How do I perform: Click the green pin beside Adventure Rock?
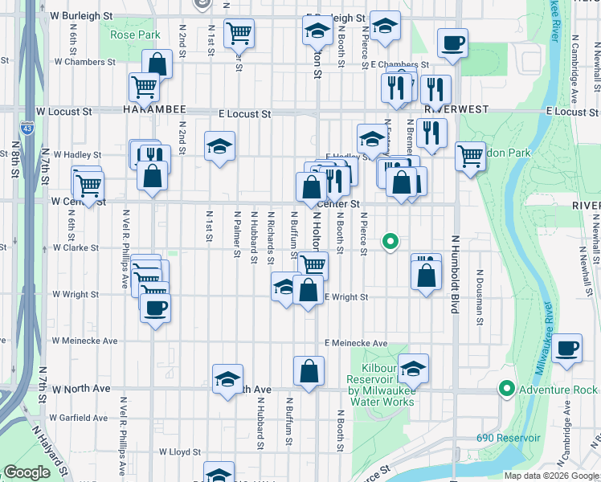[506, 389]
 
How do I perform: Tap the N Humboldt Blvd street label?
[455, 273]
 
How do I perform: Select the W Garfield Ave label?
[80, 418]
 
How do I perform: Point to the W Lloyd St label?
[180, 452]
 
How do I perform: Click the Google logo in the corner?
[27, 472]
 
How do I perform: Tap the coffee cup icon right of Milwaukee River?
[567, 348]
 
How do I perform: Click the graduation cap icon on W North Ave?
[228, 378]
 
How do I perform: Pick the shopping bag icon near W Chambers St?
[157, 63]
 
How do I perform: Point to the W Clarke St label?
[76, 248]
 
